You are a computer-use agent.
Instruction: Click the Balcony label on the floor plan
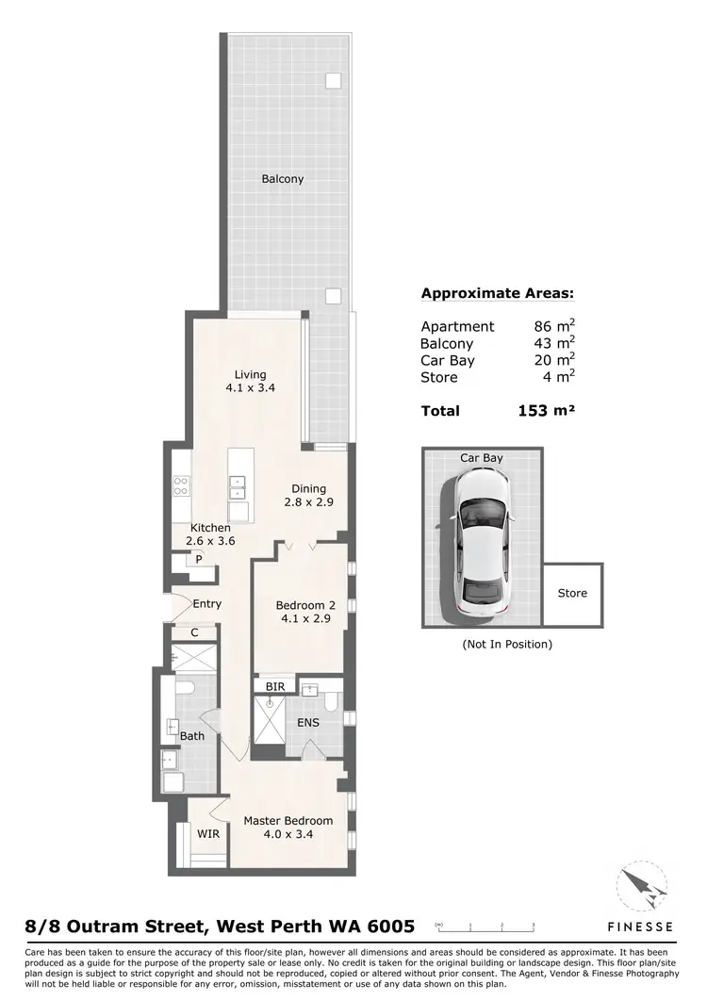tap(283, 179)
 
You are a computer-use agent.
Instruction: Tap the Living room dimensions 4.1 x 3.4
tap(251, 387)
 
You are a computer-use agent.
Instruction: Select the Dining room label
tap(308, 488)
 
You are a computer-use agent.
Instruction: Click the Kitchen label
tap(210, 528)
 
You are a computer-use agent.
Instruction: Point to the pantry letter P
tap(199, 559)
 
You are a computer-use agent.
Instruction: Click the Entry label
tap(206, 603)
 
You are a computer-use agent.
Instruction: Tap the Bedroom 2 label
tap(305, 605)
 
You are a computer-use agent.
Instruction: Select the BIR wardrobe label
tap(275, 688)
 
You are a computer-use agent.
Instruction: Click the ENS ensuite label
tap(307, 723)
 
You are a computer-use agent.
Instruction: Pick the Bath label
tap(192, 736)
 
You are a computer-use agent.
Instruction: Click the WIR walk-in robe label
tap(207, 833)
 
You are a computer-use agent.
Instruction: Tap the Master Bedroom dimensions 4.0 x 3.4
tap(288, 834)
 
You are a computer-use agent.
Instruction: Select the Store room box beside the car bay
tap(572, 594)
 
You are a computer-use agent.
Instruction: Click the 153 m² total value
tap(546, 411)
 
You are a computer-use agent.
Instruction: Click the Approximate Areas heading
tap(497, 293)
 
